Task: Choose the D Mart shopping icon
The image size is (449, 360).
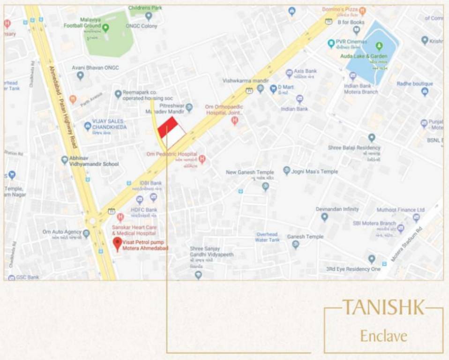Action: [x=273, y=88]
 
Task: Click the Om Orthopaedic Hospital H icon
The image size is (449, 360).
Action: [x=234, y=120]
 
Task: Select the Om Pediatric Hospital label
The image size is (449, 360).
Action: [x=171, y=154]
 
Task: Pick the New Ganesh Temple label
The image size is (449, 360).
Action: [x=250, y=172]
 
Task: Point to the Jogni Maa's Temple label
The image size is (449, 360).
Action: [x=314, y=172]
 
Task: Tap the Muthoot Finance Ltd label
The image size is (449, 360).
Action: [x=400, y=210]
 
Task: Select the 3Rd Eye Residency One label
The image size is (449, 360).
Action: [x=353, y=270]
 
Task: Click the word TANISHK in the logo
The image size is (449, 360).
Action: [x=383, y=307]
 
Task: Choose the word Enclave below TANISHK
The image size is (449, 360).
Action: [x=383, y=336]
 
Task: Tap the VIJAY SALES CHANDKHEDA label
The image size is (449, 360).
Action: [x=108, y=124]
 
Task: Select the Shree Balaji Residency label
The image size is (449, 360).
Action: [x=354, y=148]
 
